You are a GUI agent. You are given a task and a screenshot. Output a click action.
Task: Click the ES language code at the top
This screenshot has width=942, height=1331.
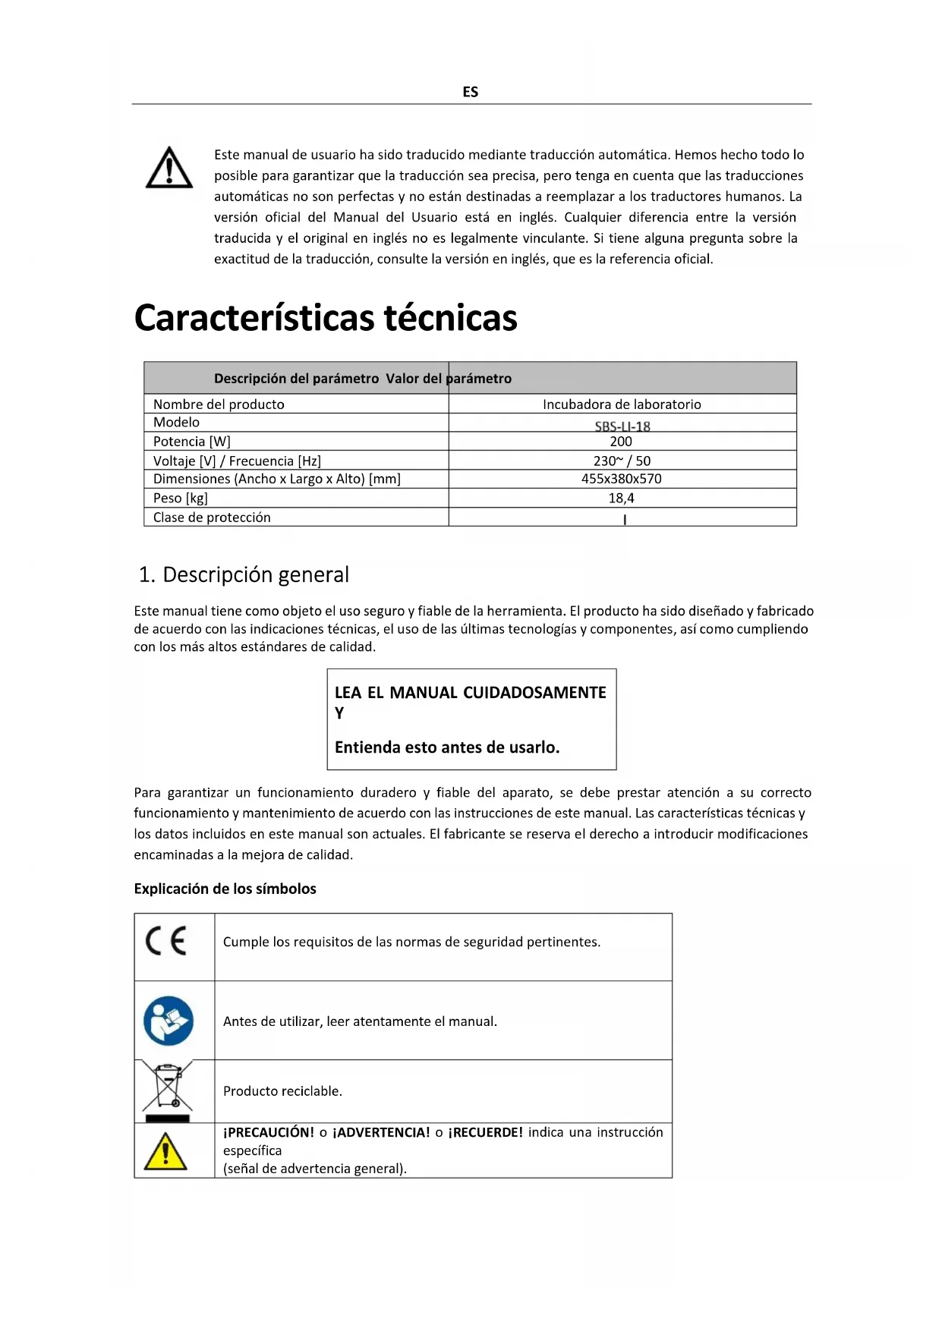pos(470,92)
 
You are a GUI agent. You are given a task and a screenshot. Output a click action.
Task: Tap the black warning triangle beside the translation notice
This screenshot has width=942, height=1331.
pos(169,168)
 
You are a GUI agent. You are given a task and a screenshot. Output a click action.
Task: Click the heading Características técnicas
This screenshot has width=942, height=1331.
pos(326,318)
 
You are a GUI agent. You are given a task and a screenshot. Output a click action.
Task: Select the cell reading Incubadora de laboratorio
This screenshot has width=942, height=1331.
pos(622,404)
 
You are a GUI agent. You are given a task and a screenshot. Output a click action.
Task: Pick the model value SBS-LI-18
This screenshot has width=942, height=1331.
pos(622,426)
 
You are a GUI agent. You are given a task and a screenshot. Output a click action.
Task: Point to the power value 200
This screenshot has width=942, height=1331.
pos(621,442)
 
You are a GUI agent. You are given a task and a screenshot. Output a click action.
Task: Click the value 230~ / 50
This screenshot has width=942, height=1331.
pos(622,461)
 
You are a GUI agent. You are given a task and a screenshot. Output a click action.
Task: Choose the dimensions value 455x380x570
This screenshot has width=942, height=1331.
pos(622,479)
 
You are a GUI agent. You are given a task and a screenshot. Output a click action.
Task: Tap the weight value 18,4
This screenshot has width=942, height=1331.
pos(621,499)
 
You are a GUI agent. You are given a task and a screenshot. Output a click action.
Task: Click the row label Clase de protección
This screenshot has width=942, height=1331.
pos(212,518)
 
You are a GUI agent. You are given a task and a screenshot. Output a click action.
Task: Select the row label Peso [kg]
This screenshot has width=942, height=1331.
pos(181,499)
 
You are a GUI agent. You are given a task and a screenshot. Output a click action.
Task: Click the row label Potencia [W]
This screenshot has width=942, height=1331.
pos(192,442)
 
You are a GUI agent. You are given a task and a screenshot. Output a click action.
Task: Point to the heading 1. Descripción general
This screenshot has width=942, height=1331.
pos(244,574)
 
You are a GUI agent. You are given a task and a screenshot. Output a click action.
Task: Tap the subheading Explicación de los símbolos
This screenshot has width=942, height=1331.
pos(225,889)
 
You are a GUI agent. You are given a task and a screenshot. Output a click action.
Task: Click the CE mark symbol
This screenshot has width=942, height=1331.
pos(166,942)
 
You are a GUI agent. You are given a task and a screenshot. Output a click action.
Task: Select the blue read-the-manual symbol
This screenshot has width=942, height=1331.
pos(169,1021)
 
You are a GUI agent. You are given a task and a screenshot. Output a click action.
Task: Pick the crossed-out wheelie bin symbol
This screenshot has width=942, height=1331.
pos(168,1090)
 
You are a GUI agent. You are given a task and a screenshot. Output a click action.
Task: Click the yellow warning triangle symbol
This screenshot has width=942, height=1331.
pos(165,1151)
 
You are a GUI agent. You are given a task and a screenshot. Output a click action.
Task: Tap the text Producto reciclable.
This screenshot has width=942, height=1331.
pos(282,1091)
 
